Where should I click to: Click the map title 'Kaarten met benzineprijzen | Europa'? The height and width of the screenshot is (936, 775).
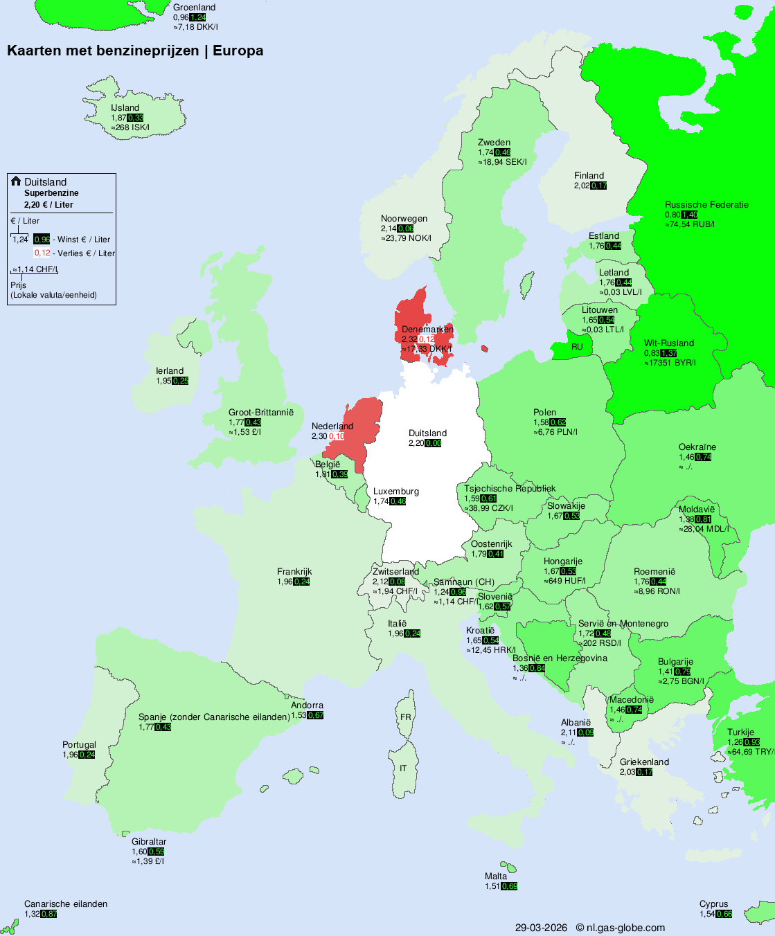click(x=135, y=51)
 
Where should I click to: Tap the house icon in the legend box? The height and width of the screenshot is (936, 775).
click(x=16, y=181)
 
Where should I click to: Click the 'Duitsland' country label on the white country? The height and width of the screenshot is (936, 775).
click(x=427, y=433)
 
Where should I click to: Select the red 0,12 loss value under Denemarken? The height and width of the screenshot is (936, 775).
click(x=426, y=339)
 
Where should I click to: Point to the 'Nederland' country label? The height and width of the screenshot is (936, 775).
click(x=332, y=426)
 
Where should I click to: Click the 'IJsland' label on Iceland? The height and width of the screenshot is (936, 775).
click(x=125, y=108)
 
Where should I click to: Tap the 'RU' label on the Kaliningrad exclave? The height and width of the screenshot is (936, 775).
click(x=577, y=347)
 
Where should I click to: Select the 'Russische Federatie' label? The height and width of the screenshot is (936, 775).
click(x=706, y=205)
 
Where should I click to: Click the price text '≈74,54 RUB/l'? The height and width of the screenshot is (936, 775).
click(x=690, y=224)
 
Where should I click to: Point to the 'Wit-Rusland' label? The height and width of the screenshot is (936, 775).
click(x=669, y=343)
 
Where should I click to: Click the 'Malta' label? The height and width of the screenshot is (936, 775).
click(x=496, y=876)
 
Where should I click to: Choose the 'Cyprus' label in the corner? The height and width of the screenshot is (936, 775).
click(x=713, y=904)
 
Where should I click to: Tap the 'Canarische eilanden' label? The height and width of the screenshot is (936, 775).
click(x=66, y=904)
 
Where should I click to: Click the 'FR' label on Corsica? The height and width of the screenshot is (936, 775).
click(x=405, y=717)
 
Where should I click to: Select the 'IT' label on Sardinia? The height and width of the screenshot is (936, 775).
click(x=403, y=768)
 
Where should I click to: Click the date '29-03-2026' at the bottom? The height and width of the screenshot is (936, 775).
click(x=541, y=928)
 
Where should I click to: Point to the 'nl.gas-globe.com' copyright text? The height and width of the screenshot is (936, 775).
click(x=625, y=928)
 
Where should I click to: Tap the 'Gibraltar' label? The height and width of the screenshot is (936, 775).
click(x=149, y=842)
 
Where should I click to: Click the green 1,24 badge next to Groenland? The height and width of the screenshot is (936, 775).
click(x=197, y=17)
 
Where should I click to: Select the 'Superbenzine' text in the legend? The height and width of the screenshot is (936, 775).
click(x=51, y=193)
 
